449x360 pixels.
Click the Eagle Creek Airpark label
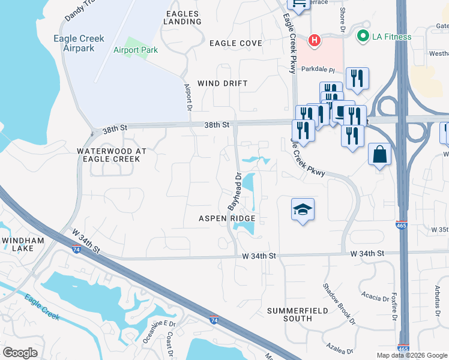pos(83,43)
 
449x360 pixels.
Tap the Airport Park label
pos(136,50)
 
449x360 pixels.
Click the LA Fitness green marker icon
pos(363,37)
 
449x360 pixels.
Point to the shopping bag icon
pos(379,154)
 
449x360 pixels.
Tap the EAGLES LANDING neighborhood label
pos(182,17)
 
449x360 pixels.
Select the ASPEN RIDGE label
pos(228,218)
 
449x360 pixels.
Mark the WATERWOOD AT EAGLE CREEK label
pos(108,155)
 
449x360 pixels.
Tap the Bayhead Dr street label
pos(234,190)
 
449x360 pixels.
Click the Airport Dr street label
pos(187,97)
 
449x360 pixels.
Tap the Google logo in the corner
pos(20,353)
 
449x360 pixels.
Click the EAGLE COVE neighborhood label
pos(236,43)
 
